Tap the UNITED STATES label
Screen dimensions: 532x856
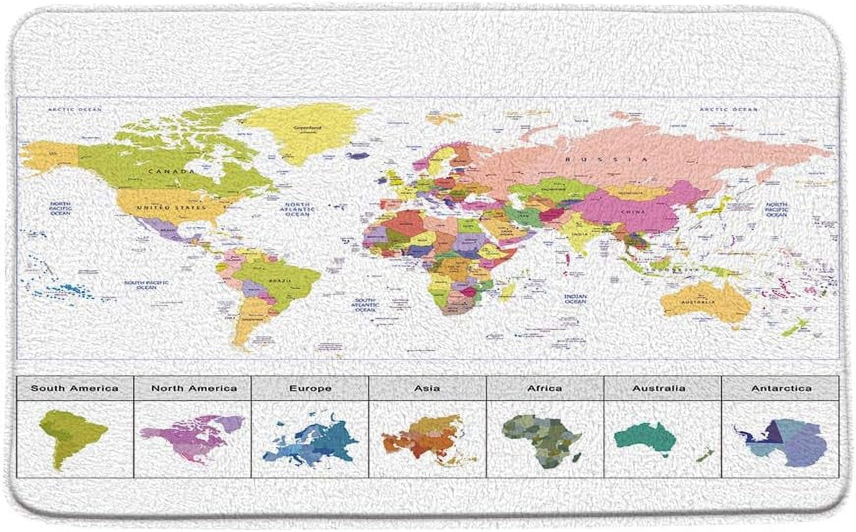pos(171,208)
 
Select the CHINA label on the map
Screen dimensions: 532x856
pos(633,212)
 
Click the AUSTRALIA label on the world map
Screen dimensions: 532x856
pos(698,302)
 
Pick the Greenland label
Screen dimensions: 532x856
pos(307,128)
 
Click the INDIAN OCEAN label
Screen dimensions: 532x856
pos(575,299)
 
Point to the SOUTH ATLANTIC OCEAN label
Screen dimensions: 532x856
pos(365,305)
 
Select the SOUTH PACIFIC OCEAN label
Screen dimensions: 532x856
pos(146,285)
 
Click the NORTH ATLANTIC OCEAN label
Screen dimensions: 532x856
pos(297,209)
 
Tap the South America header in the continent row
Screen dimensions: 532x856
pos(75,388)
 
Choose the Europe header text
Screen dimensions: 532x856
pos(310,388)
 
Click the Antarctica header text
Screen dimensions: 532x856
pos(781,388)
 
